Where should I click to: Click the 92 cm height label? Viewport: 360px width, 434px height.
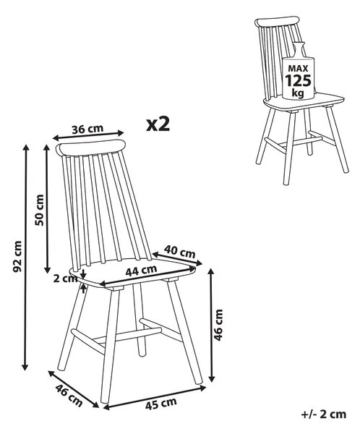click(x=17, y=256)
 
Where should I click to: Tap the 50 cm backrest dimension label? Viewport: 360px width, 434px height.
click(x=40, y=210)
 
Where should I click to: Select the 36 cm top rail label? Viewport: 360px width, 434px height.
click(x=87, y=129)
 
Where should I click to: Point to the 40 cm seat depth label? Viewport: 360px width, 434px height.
click(x=179, y=252)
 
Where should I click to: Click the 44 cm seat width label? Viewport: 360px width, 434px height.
click(x=141, y=271)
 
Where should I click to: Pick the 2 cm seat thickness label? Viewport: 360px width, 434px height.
click(x=65, y=278)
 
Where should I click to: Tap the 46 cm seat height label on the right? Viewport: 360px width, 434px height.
click(x=218, y=325)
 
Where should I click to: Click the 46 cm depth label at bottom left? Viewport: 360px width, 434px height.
click(x=69, y=396)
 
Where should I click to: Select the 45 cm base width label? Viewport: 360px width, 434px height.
click(x=160, y=404)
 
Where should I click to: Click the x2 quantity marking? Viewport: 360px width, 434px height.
click(x=158, y=124)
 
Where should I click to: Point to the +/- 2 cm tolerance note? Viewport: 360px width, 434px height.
click(x=323, y=414)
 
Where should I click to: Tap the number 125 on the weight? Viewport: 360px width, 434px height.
click(x=299, y=80)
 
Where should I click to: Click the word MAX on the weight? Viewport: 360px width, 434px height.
click(x=298, y=68)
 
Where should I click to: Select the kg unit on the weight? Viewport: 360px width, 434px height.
click(x=298, y=93)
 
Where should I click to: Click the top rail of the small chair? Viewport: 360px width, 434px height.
click(x=277, y=22)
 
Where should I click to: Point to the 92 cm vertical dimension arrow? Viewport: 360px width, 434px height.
click(x=25, y=258)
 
